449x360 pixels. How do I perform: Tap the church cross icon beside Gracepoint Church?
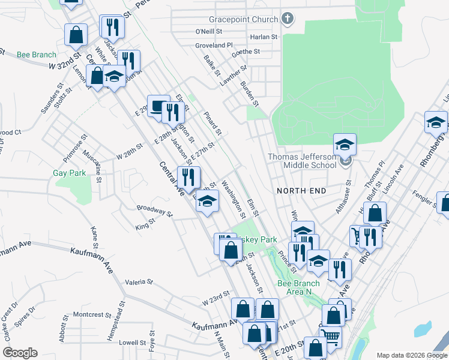(288, 19)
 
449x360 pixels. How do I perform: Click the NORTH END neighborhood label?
(301, 191)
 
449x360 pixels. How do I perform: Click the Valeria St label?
(139, 281)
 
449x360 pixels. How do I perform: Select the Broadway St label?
(154, 211)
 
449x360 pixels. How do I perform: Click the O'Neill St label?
(209, 31)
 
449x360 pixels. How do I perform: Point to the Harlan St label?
(265, 37)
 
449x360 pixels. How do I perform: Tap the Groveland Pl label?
(214, 46)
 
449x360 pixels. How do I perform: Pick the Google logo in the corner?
(20, 353)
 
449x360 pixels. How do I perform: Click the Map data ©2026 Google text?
(411, 355)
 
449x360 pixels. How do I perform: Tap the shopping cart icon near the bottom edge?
(330, 338)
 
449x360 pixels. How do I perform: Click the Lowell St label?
(133, 343)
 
